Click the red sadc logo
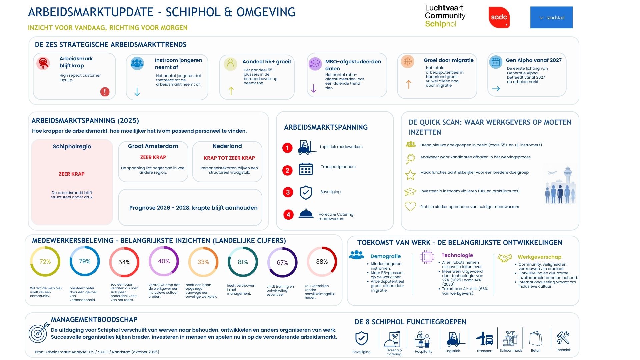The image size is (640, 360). coord(499,17)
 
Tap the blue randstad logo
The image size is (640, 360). coord(551,18)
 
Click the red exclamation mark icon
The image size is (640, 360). coord(105,92)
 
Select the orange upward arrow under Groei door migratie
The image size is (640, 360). coord(409,84)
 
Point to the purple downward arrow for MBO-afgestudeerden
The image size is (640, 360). coord(314,88)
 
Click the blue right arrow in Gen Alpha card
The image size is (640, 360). coord(496,89)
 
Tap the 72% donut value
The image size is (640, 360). coord(45,262)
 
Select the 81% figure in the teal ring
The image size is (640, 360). coord(243,262)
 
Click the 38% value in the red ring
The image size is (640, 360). coord(322,262)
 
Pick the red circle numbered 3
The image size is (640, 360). coord(288,192)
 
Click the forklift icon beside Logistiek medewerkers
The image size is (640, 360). coord(307,147)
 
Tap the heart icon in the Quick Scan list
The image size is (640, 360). coord(410,206)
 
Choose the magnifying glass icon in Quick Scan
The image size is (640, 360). coord(410,159)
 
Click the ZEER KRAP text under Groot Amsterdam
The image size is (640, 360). coord(153,157)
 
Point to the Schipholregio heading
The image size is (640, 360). coord(72,146)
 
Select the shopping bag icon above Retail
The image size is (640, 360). coord(536,339)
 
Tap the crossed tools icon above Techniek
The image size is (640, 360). coord(563,338)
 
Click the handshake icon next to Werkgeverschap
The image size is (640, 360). coord(505,258)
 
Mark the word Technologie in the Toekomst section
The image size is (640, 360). coord(457,255)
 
